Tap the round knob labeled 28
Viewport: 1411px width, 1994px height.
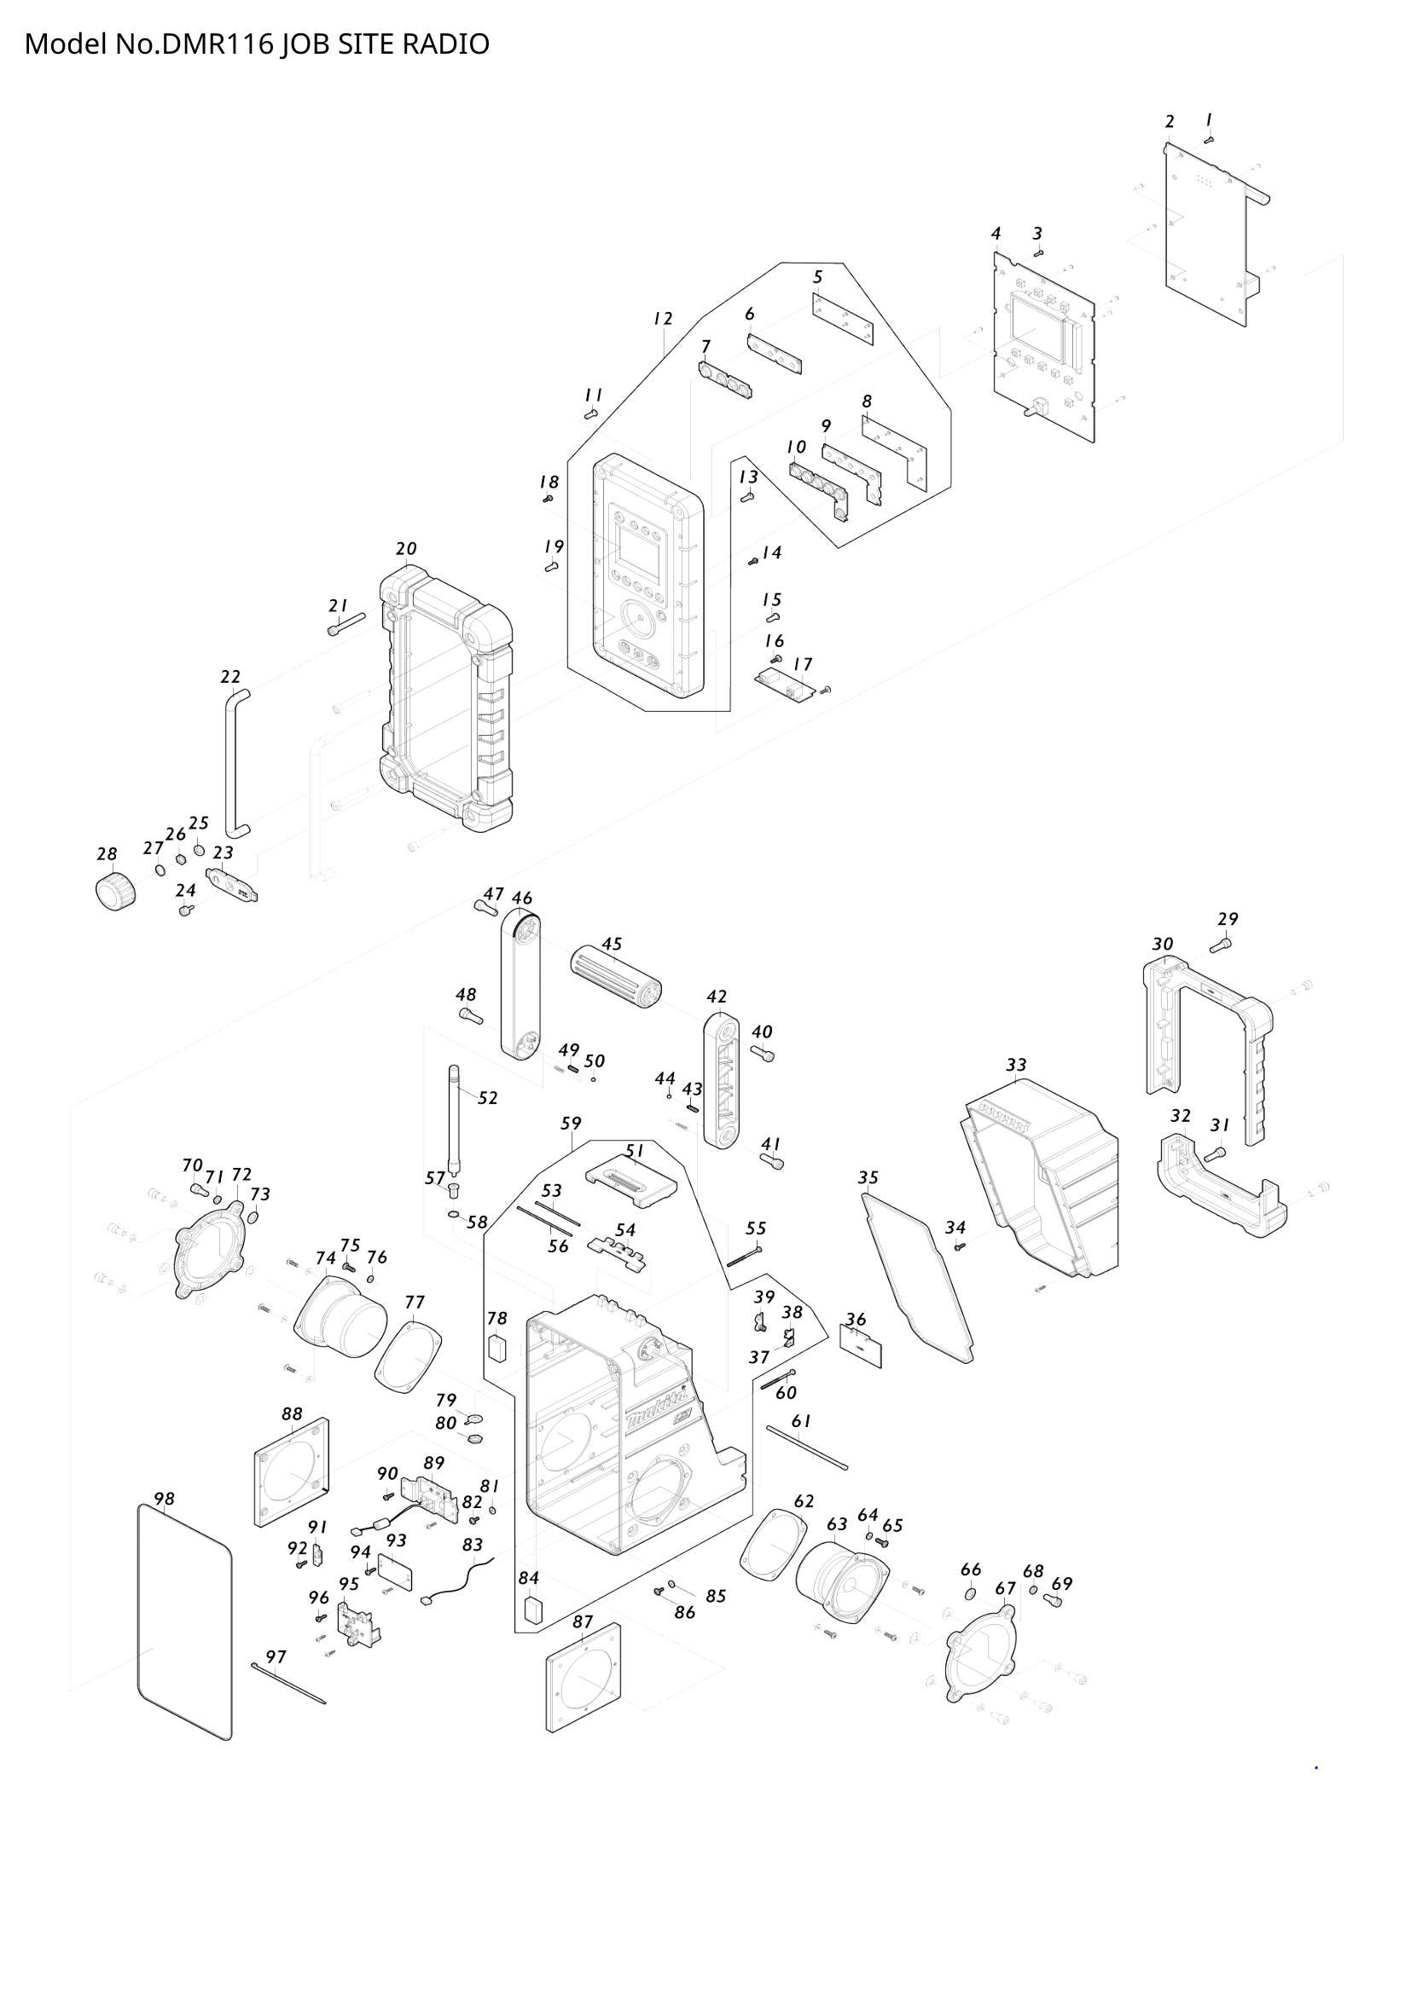point(114,892)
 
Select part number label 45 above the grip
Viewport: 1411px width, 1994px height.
point(612,943)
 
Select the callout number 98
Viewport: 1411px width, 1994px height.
point(164,1498)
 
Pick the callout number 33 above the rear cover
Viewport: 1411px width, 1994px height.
point(1016,1064)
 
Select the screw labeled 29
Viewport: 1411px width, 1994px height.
point(1225,943)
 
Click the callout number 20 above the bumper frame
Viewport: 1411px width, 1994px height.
point(406,548)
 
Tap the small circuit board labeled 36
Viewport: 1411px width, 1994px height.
point(861,1345)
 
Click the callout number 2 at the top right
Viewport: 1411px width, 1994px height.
point(1170,121)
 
